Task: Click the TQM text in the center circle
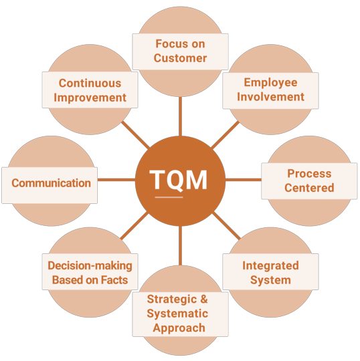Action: click(x=178, y=180)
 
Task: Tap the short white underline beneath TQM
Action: click(x=169, y=197)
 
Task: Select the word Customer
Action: click(x=180, y=58)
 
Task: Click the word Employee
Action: click(x=270, y=83)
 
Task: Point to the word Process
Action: click(x=309, y=174)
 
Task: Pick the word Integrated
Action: click(x=270, y=266)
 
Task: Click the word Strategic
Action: click(x=171, y=299)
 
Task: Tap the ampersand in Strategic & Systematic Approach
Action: click(x=203, y=299)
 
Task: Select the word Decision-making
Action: click(x=90, y=266)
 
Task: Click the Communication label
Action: click(x=51, y=183)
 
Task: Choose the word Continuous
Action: click(x=90, y=83)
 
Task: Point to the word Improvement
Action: click(x=90, y=98)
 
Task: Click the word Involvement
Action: click(x=270, y=97)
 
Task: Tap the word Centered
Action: click(x=309, y=188)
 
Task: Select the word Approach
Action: click(x=179, y=328)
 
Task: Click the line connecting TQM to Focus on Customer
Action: click(x=180, y=116)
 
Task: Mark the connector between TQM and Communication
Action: click(x=116, y=180)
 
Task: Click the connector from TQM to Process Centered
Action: click(x=243, y=180)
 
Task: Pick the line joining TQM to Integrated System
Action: click(x=226, y=226)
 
